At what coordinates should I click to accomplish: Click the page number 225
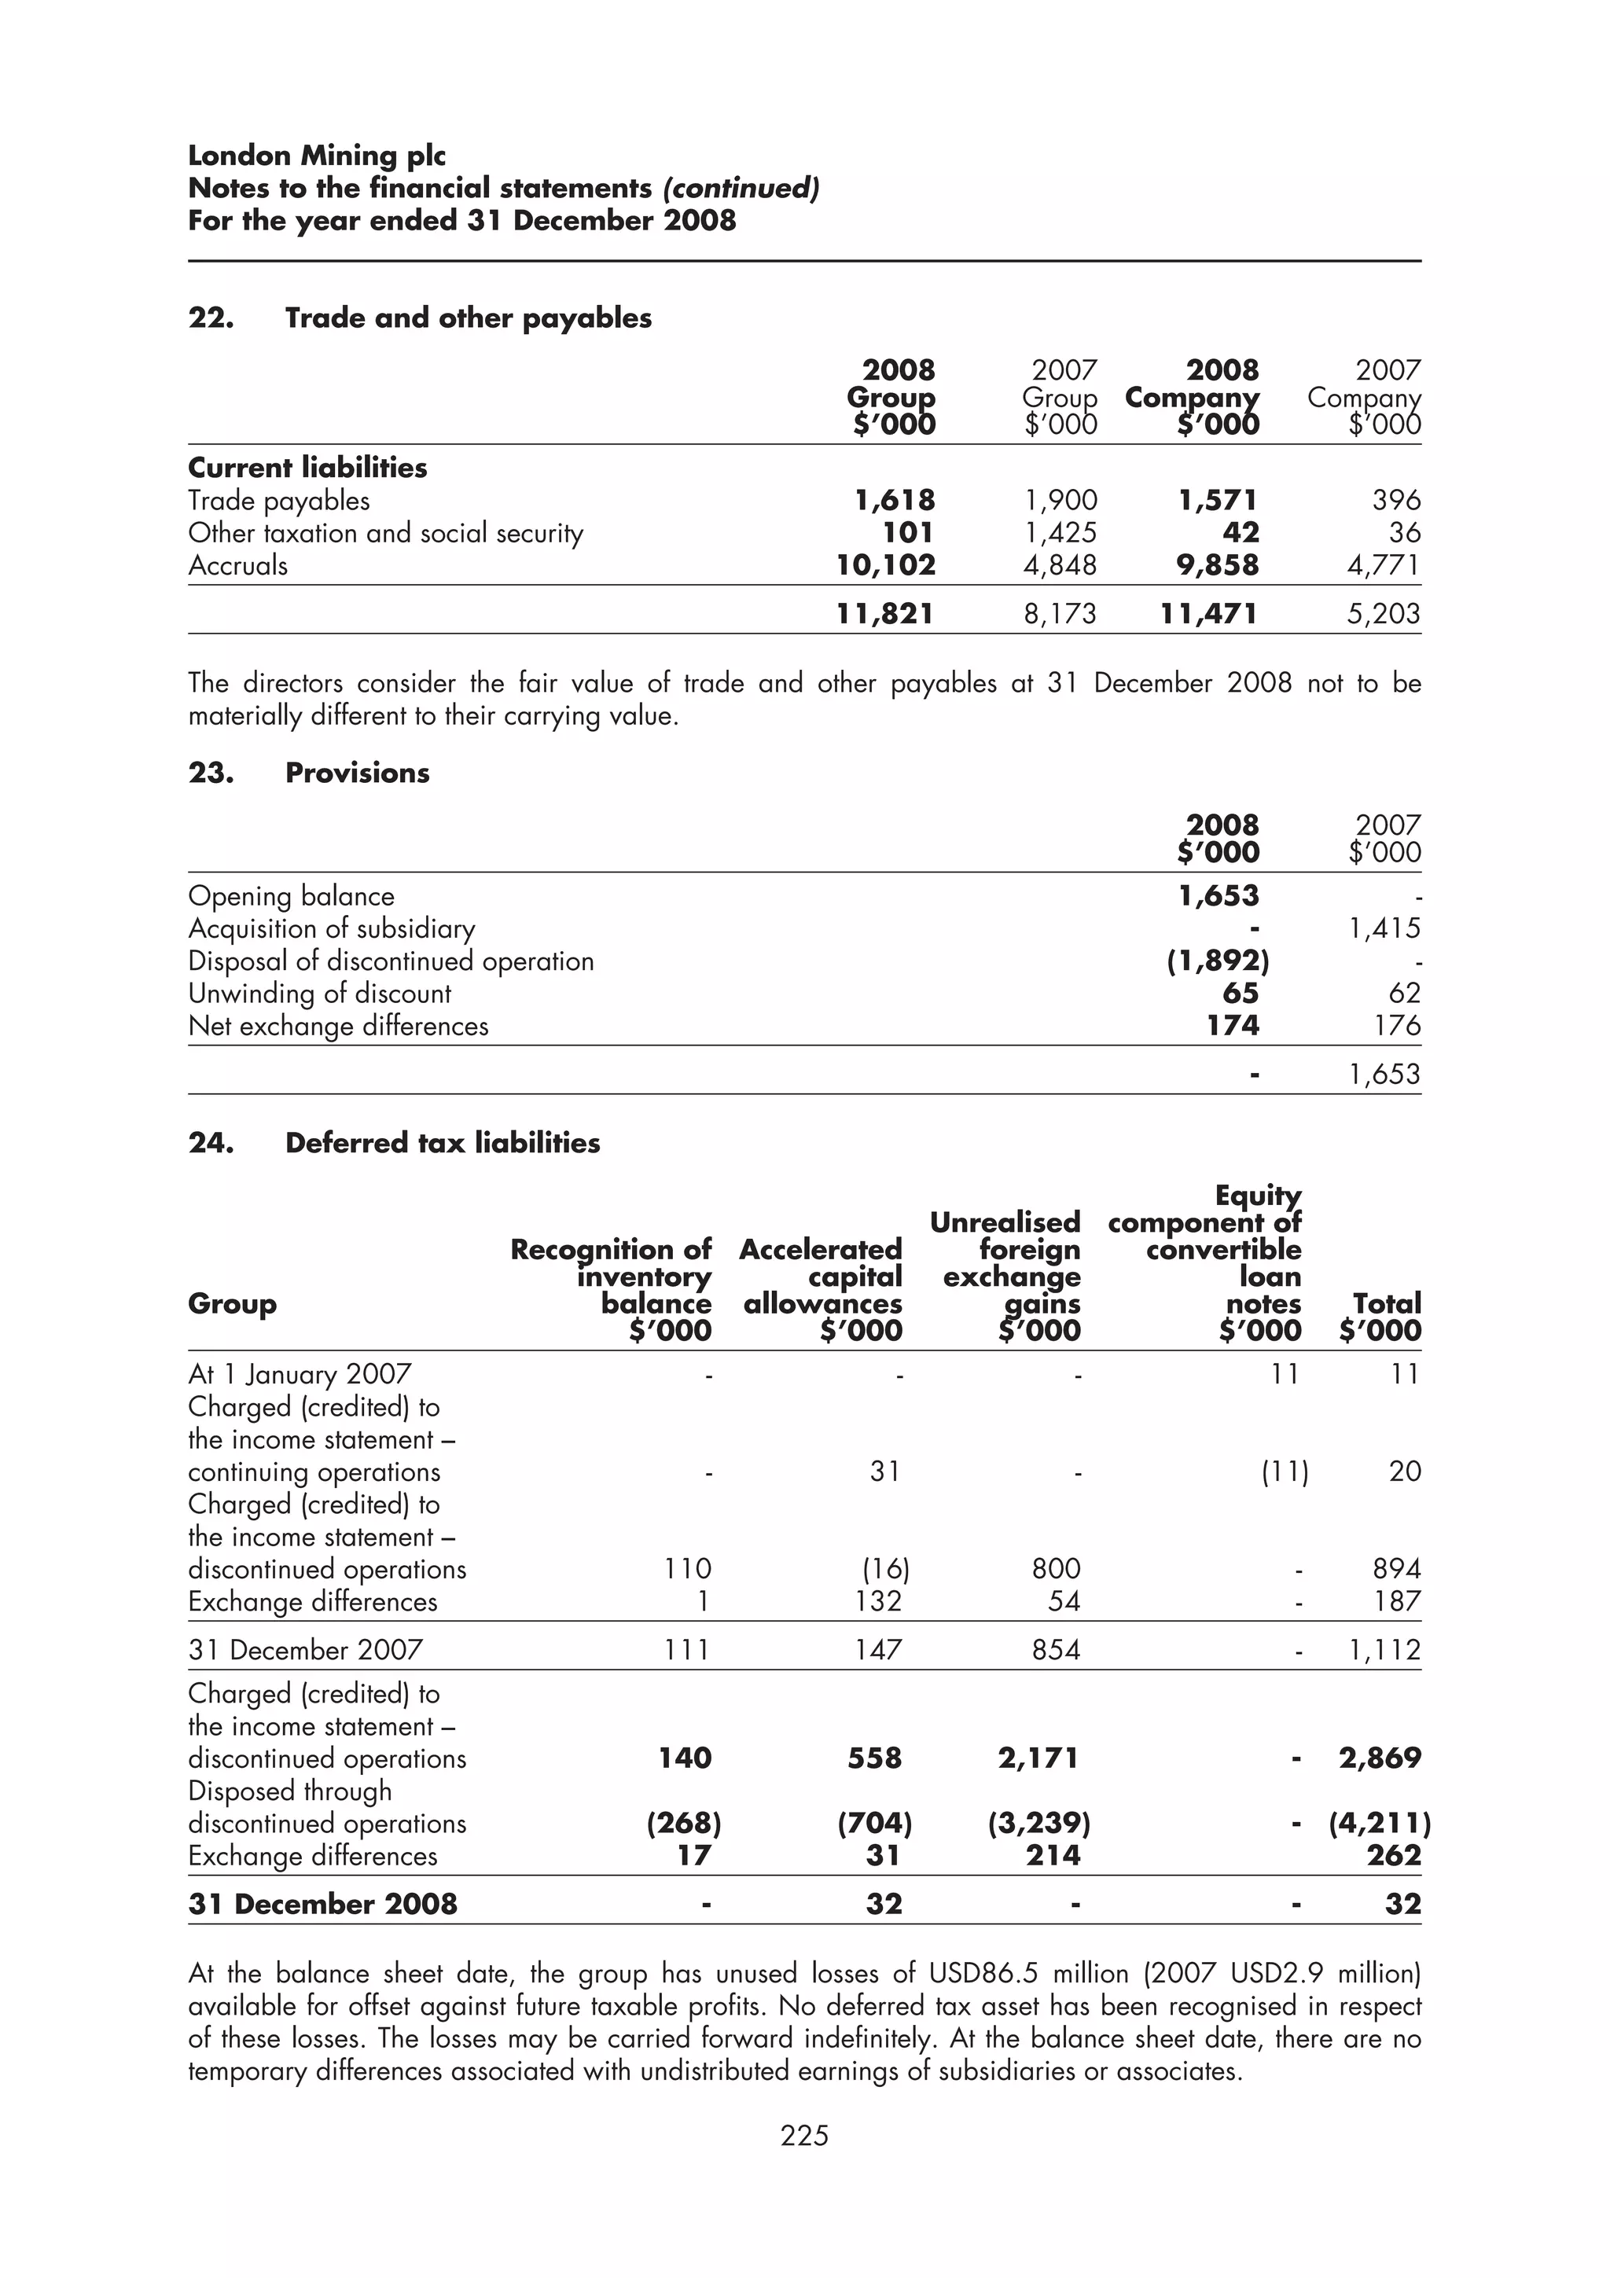tap(803, 2134)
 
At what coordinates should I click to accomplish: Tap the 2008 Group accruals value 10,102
tap(886, 565)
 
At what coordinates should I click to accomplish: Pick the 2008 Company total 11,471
tap(1208, 614)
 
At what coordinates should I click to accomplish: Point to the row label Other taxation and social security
tap(386, 534)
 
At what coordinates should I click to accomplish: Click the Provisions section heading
tap(357, 773)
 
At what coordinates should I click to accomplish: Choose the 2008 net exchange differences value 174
tap(1232, 1026)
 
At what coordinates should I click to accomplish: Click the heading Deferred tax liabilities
tap(443, 1143)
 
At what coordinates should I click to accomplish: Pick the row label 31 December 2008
tap(322, 1904)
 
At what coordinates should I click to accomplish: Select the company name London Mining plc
tap(317, 156)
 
